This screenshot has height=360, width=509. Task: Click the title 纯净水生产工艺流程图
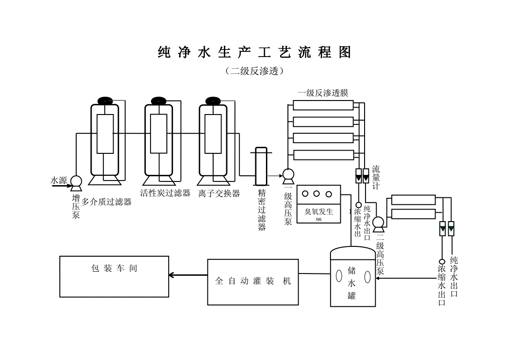point(254,52)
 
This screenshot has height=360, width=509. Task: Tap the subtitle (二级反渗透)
point(254,71)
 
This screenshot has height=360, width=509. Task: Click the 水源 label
point(59,180)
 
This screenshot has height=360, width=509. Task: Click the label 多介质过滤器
point(107,202)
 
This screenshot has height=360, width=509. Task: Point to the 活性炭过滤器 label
point(165,193)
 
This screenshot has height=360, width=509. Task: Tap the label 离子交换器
point(219,193)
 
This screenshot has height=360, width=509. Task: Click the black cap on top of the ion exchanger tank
point(213,101)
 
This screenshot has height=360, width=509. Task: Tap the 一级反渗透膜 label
point(323,93)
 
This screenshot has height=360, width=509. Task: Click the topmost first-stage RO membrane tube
point(323,105)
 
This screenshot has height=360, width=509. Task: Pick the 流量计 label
point(376,178)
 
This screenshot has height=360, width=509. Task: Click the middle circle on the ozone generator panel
point(316,194)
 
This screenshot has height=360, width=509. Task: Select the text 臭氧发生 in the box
point(319,212)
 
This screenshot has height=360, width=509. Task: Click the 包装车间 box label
point(114,268)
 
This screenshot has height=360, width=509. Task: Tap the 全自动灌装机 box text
point(253,281)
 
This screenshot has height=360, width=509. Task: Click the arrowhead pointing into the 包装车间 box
point(172,275)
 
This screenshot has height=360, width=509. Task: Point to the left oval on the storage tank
point(338,276)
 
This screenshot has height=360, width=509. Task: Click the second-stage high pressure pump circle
point(379,223)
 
